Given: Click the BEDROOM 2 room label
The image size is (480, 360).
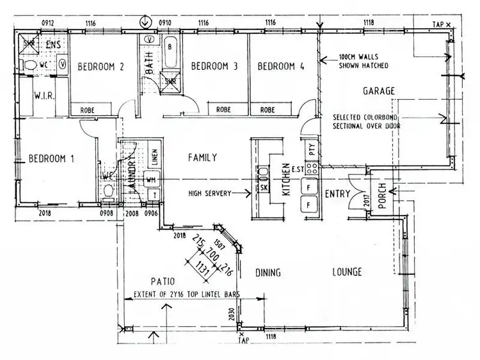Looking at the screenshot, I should tap(100, 67).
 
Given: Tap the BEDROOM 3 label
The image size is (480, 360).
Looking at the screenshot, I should tap(214, 67).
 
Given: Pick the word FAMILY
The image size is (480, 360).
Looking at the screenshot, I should tap(202, 157).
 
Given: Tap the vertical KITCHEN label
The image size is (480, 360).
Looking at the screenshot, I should tap(286, 180).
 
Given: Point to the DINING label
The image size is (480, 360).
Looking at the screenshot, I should tap(268, 273).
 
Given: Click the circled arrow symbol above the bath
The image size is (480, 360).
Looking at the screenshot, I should tap(147, 22).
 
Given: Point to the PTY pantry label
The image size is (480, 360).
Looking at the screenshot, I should tap(311, 151).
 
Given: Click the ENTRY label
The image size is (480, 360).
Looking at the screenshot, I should tap(336, 194).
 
